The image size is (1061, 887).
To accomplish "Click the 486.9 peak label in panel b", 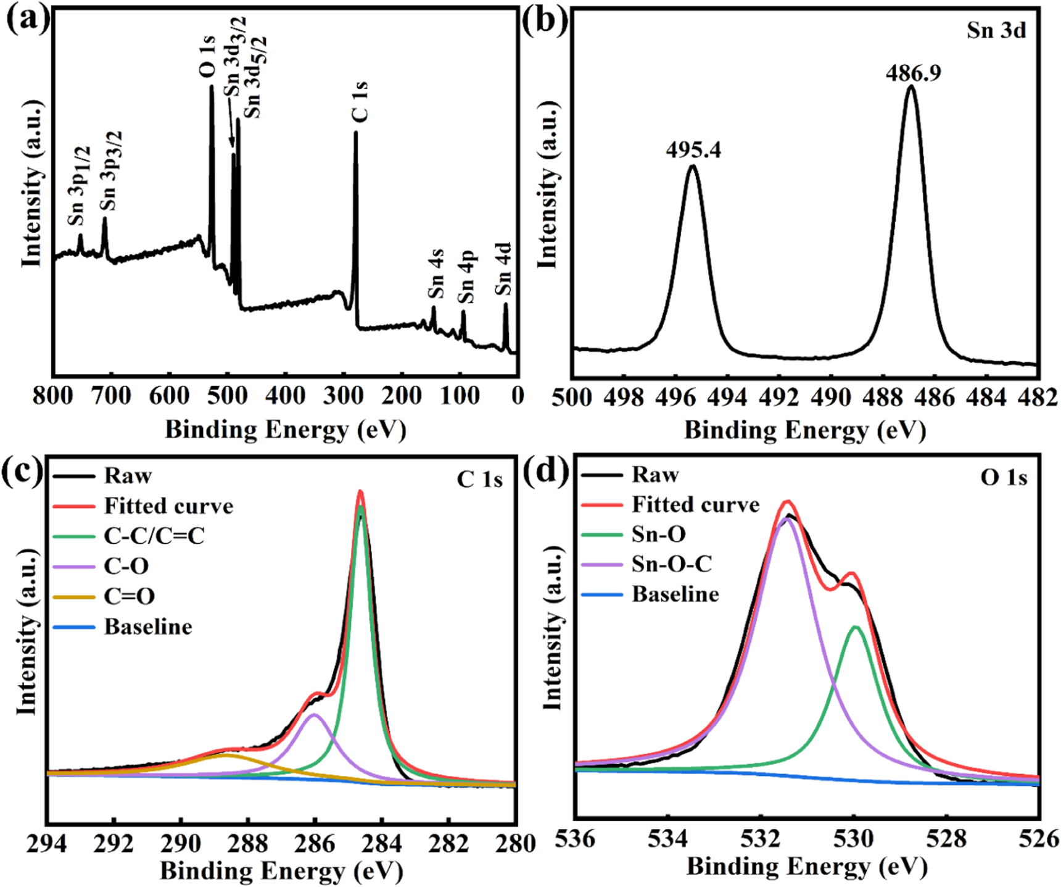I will (914, 73).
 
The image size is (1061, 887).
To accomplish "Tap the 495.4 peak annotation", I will (693, 150).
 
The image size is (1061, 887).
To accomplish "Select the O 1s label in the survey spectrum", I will (208, 57).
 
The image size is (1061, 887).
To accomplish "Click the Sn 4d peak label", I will (503, 269).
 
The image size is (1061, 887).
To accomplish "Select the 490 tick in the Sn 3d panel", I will (831, 398).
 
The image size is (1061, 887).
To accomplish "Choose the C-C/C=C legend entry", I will (154, 536).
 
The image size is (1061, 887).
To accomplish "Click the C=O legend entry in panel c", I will (129, 596).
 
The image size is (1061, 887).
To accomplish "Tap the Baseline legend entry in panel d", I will (675, 594).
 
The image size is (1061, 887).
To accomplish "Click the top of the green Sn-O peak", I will (856, 628).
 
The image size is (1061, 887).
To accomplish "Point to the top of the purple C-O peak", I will (315, 715).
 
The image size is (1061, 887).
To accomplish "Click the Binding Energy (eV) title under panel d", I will (806, 867).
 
